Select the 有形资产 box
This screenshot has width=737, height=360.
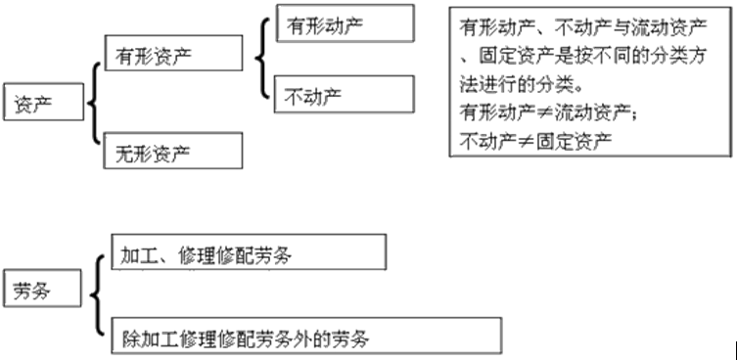pos(171,52)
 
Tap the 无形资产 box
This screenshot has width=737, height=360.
pos(171,152)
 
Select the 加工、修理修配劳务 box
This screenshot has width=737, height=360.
pos(249,255)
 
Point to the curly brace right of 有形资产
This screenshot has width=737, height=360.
pos(260,59)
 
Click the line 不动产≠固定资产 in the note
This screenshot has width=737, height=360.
pos(535,141)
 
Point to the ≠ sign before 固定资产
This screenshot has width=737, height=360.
pos(530,141)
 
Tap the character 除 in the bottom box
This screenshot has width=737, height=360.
pos(129,337)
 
